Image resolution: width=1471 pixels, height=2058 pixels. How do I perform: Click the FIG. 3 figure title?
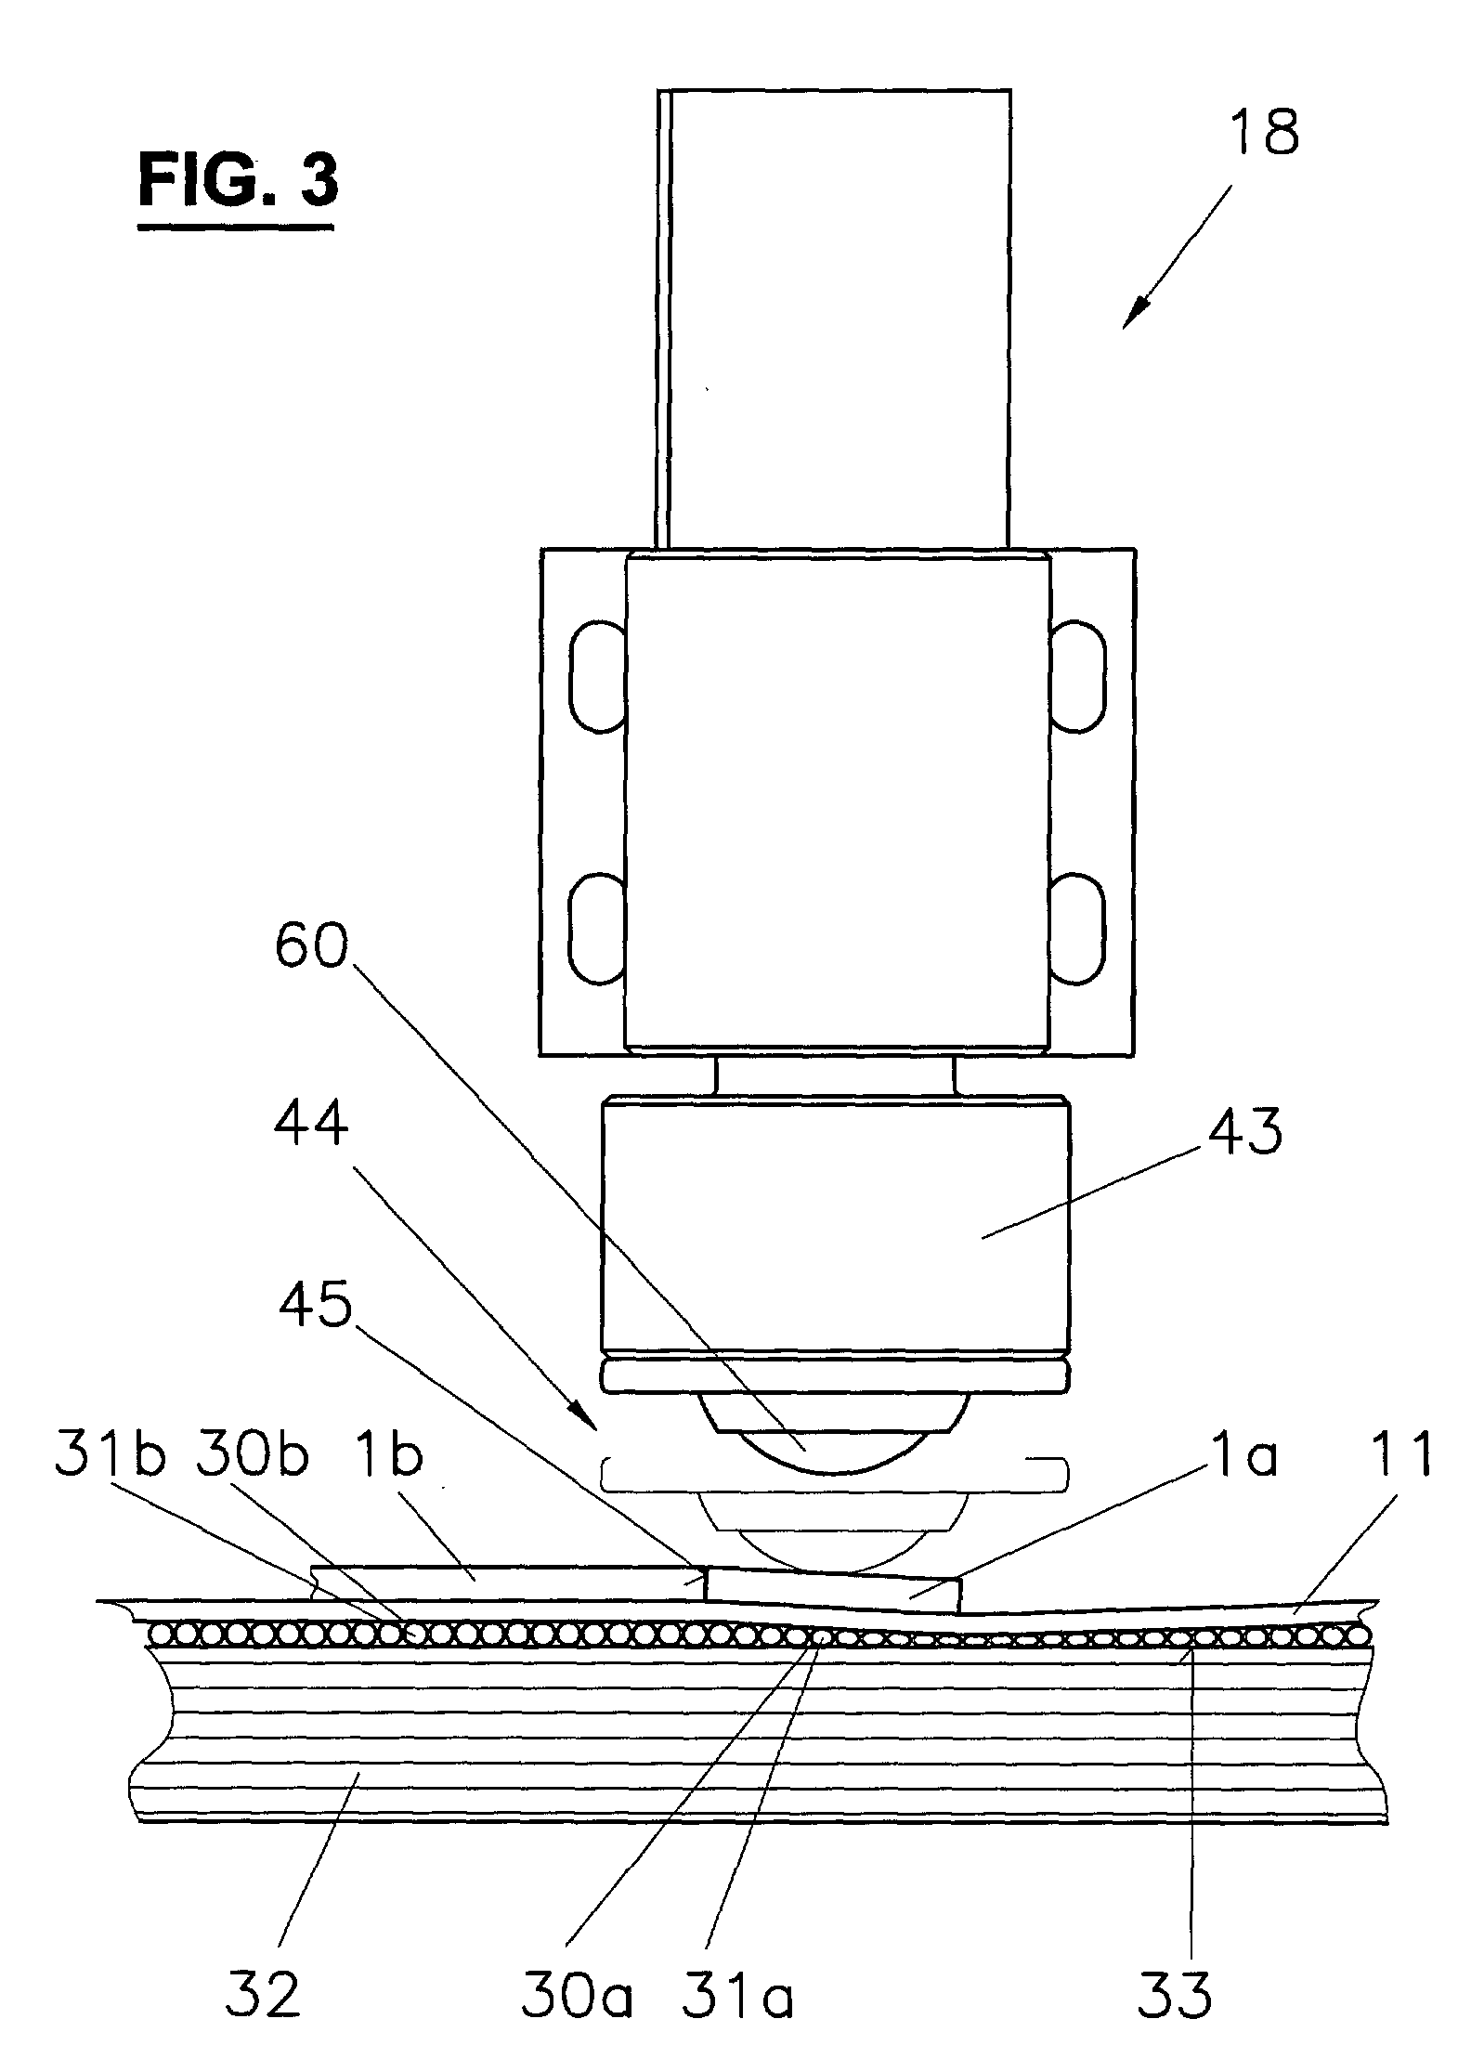[x=238, y=181]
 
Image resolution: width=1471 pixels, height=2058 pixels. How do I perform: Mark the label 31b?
[x=110, y=1457]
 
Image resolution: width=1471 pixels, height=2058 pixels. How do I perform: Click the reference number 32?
[x=264, y=1989]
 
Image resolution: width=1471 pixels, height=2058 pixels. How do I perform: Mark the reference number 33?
[x=1176, y=1989]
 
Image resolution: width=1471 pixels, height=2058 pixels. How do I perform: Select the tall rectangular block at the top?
[x=833, y=318]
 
